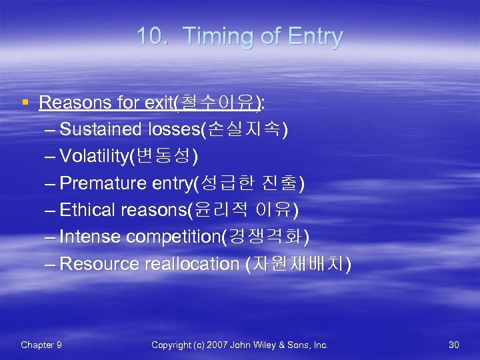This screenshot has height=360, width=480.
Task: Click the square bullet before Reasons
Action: point(25,103)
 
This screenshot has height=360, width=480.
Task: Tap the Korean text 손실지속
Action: point(253,129)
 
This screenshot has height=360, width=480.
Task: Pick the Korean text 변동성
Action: point(166,157)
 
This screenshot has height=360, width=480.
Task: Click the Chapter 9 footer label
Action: point(41,345)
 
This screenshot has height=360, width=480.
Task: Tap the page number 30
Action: point(454,345)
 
